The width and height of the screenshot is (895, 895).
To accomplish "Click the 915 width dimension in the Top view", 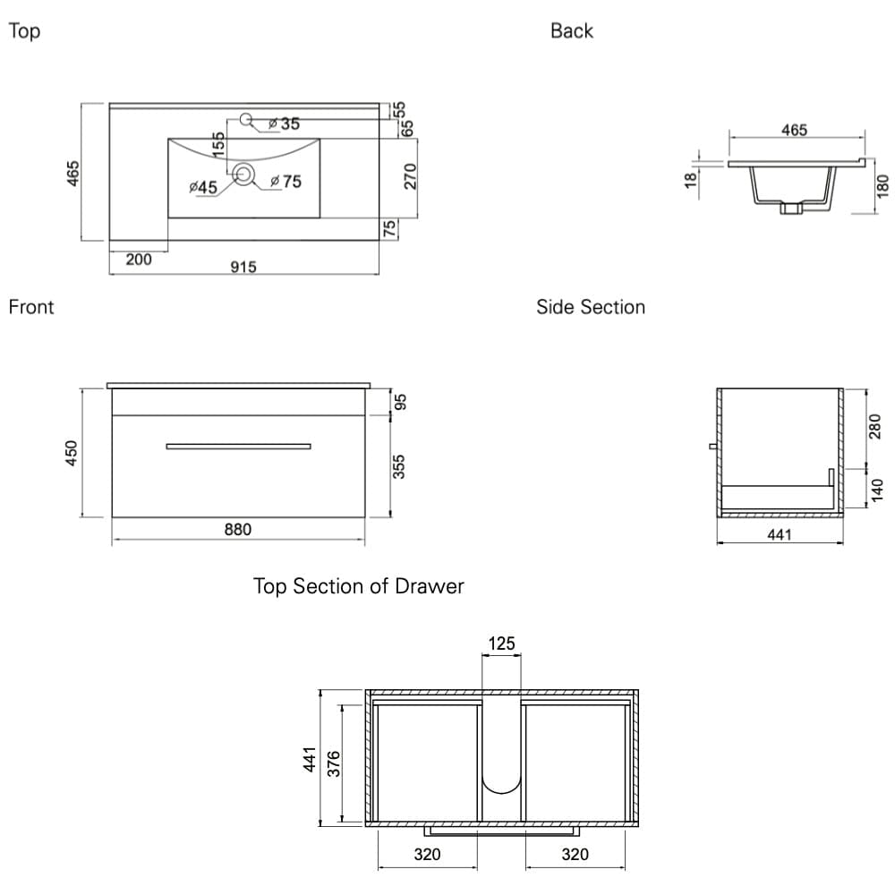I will coord(243,267).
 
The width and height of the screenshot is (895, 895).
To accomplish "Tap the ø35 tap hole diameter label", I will coord(286,124).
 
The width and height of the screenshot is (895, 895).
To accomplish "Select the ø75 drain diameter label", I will coord(286,182).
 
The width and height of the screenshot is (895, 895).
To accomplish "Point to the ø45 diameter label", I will coord(203,187).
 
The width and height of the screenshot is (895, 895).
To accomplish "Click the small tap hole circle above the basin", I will coord(247,118).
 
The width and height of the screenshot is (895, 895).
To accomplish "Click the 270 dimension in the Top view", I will coord(411,176).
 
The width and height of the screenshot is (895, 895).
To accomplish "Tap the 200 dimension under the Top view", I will coord(139,260).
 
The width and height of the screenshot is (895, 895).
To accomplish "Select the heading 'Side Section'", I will coord(590,307).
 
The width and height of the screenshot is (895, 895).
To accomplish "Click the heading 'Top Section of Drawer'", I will coord(358,586).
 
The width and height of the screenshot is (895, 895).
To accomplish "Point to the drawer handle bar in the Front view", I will coord(238,446).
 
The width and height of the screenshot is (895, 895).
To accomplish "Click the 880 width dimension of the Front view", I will coord(237,530).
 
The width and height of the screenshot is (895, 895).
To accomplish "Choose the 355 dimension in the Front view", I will coord(400,466).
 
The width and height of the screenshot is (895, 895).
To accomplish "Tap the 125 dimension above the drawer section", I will coord(501,644).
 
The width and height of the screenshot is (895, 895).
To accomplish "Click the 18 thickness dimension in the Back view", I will coord(689,180).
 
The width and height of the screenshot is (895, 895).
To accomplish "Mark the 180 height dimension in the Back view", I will coord(882,186).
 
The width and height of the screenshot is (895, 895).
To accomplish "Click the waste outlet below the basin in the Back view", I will coord(790,209).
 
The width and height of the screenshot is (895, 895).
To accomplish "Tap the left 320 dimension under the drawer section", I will coord(427,855).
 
